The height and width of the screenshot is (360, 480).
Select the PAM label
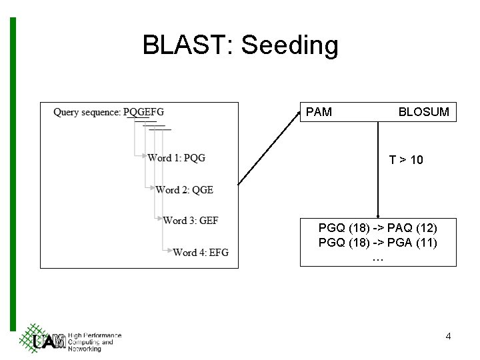click(x=319, y=112)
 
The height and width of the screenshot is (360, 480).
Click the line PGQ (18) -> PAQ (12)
click(x=378, y=229)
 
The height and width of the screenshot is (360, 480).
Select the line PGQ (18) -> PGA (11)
click(x=378, y=243)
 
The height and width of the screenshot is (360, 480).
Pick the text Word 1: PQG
click(x=176, y=158)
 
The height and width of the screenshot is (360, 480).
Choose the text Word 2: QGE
click(x=184, y=189)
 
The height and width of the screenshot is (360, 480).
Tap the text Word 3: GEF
click(x=191, y=220)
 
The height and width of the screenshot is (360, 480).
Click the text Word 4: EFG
click(x=200, y=252)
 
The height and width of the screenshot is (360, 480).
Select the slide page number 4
click(x=448, y=336)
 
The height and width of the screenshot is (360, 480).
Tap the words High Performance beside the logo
click(x=95, y=335)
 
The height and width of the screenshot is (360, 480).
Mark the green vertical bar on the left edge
click(x=13, y=173)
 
